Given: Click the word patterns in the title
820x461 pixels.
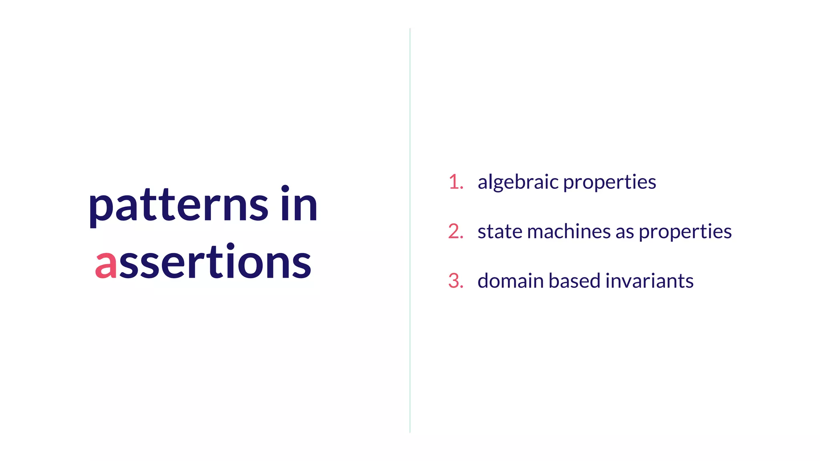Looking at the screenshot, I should coord(178,206).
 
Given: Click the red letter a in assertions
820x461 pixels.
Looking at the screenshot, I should coord(106,264).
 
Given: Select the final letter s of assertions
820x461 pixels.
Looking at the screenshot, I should coord(301,264).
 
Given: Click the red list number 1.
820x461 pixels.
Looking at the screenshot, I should coord(455,182).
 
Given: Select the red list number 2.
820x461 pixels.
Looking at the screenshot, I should coord(455,232).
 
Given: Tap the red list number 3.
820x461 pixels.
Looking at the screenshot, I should coord(455,281).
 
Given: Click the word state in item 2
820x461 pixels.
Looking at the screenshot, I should coord(500,232).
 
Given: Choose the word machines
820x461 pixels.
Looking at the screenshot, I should coord(569,232).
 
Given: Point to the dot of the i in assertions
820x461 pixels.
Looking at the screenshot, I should coord(231,246).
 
